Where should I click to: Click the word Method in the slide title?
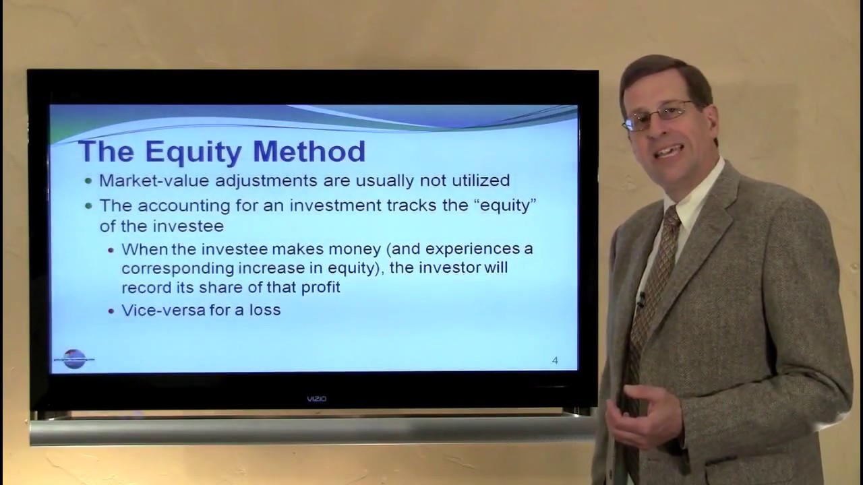click(309, 152)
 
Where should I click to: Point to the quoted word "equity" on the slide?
click(505, 205)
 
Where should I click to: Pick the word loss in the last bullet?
click(266, 311)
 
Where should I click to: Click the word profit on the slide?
click(320, 287)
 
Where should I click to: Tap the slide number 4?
click(555, 360)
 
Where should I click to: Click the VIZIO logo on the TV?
click(316, 399)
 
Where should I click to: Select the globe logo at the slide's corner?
click(74, 358)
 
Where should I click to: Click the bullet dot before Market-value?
click(89, 181)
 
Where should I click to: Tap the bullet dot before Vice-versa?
click(112, 311)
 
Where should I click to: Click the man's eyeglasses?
click(657, 115)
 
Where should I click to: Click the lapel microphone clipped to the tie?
click(641, 298)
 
